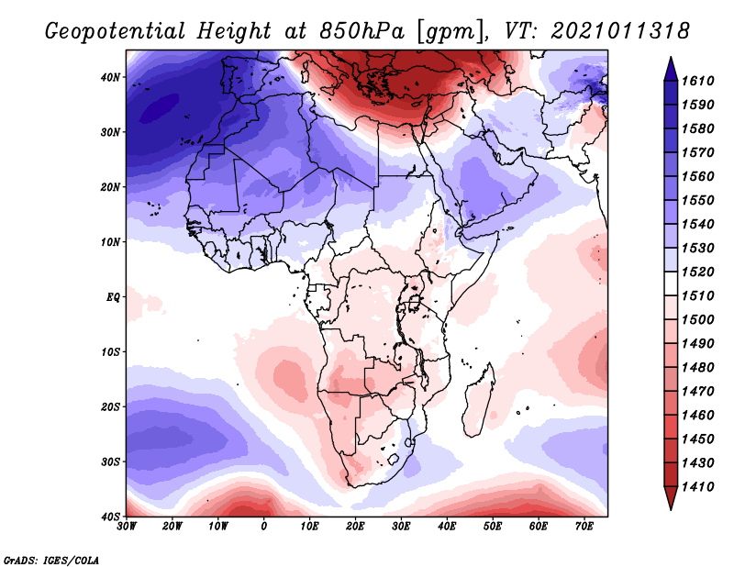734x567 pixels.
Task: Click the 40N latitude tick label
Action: point(109,77)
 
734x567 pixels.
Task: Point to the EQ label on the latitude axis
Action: point(111,297)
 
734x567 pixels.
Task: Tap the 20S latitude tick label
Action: point(109,406)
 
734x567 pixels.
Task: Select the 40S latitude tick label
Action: point(109,517)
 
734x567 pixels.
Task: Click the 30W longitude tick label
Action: point(127,527)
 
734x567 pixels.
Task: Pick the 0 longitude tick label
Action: point(264,527)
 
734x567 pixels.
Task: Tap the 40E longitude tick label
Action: point(447,527)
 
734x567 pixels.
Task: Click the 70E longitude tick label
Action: point(584,527)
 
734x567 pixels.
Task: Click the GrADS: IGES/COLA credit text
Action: point(51,559)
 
